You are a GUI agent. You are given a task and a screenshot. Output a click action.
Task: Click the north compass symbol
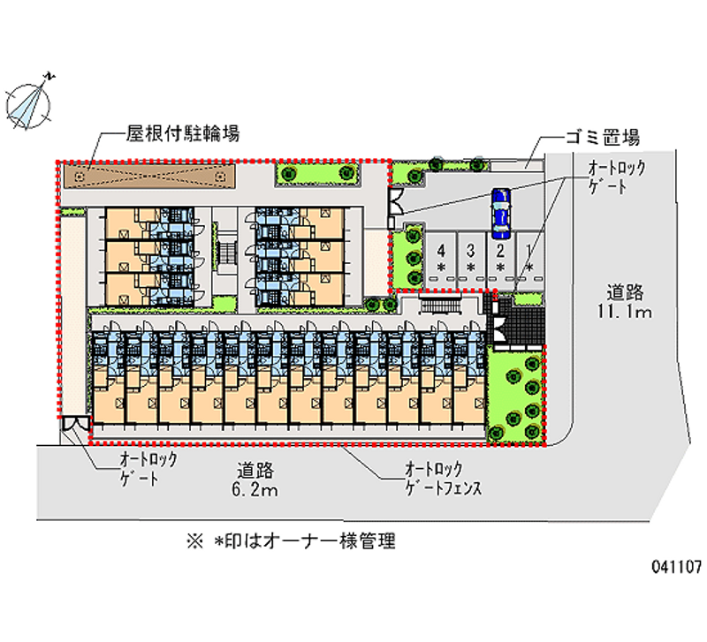click(29, 99)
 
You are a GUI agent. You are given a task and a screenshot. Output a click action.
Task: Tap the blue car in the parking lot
click(500, 214)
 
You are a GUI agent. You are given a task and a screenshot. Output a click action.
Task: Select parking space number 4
click(441, 257)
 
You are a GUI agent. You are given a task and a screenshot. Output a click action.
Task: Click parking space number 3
click(471, 257)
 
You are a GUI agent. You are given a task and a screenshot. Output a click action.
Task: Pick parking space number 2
click(500, 257)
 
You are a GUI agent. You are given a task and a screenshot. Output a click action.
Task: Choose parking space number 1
click(528, 257)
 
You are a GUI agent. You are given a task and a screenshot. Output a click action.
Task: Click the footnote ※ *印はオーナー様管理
click(291, 541)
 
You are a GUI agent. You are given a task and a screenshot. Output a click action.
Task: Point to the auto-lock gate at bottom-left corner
click(76, 426)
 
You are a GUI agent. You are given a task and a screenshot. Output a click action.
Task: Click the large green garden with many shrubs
click(515, 395)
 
